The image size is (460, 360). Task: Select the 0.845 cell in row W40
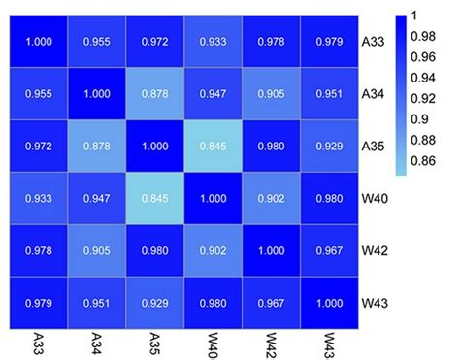155,199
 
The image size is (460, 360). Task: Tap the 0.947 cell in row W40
97,199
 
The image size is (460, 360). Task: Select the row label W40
375,199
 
